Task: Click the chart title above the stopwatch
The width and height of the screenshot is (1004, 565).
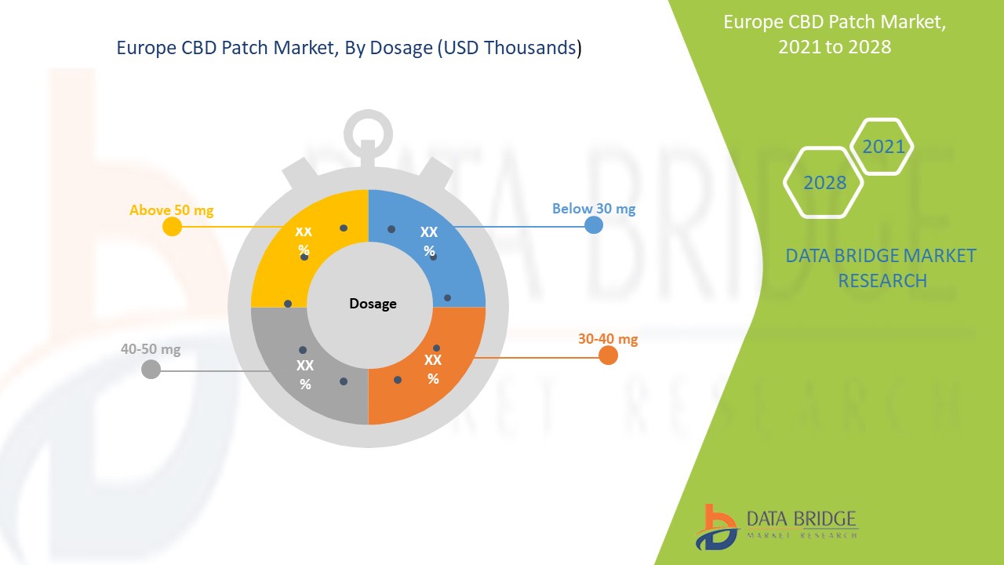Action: [x=349, y=49]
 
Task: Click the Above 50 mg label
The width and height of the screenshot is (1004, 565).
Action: [x=171, y=210]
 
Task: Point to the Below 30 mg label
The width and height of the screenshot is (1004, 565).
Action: [x=594, y=209]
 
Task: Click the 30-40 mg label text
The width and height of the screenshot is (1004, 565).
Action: [x=608, y=339]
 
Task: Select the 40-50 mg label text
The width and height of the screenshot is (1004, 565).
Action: [x=151, y=349]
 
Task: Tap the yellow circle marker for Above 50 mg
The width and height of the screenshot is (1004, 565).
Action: [x=172, y=227]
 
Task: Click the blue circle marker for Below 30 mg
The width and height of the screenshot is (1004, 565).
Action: [x=594, y=225]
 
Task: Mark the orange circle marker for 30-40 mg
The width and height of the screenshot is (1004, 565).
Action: [x=608, y=355]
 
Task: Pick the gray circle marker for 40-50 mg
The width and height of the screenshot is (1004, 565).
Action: [x=151, y=369]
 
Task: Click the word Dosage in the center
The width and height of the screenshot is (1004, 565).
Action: [x=373, y=304]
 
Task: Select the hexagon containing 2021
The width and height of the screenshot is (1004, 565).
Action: [x=883, y=147]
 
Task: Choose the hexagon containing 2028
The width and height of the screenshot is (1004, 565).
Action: [x=824, y=182]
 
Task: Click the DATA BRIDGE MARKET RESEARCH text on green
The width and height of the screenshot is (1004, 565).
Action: [x=881, y=268]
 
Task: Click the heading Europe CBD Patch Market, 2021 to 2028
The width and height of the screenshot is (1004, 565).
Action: [x=835, y=35]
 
